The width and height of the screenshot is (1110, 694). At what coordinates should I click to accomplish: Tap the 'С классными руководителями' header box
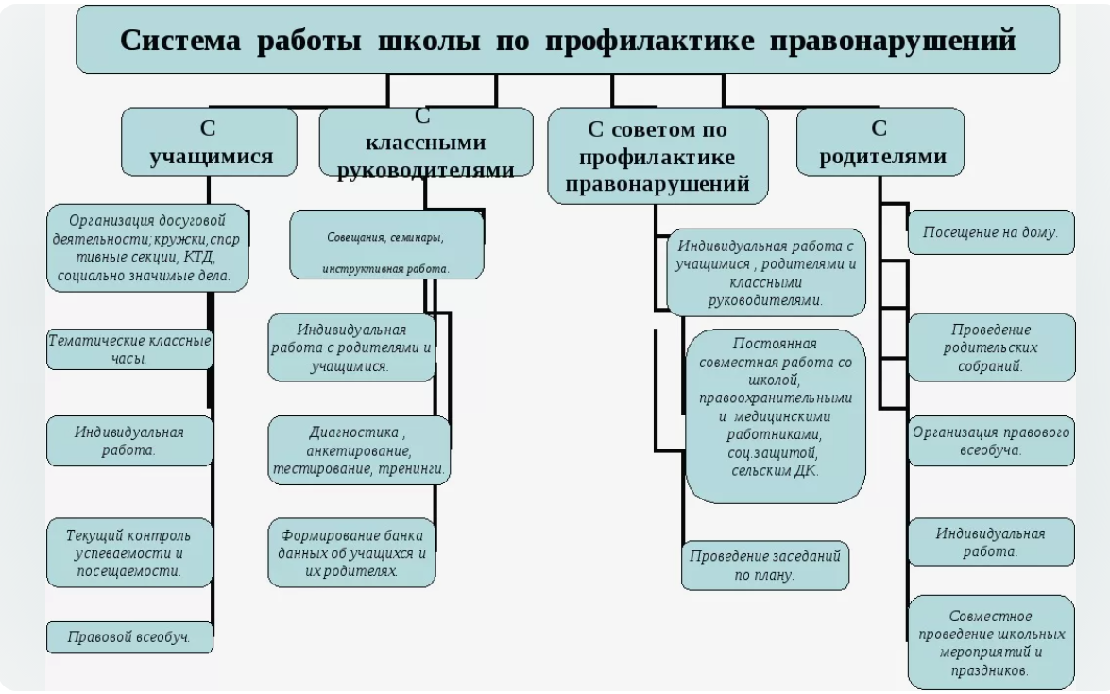pos(426,143)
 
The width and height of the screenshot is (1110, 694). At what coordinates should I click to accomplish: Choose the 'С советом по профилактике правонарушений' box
pos(657,155)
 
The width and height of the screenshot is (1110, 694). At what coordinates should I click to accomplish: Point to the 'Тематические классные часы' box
pos(129,347)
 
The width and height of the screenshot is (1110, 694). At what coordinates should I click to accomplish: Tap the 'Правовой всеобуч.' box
pos(129,637)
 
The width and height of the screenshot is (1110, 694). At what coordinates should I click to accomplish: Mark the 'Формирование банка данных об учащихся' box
pos(351,549)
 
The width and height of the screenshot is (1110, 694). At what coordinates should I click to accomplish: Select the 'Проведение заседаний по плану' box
pos(764,565)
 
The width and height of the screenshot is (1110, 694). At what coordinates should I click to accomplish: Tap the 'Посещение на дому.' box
pos(991,231)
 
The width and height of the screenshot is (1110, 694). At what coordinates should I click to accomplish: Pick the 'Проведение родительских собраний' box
pos(991,347)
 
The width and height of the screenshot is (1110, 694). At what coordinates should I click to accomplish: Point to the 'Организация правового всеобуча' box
pos(991,439)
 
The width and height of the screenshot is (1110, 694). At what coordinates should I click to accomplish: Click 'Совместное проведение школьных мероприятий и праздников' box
pos(991,641)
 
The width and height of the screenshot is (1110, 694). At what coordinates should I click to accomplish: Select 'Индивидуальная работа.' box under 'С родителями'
pos(991,541)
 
